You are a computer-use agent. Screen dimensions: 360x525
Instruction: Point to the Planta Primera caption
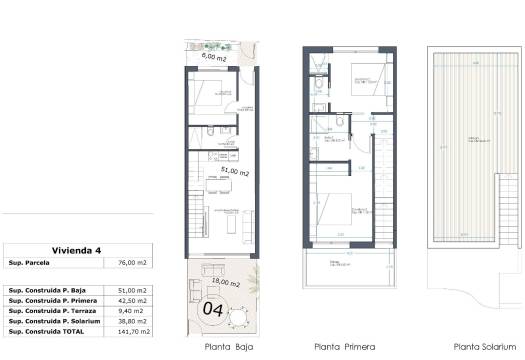pyautogui.click(x=345, y=348)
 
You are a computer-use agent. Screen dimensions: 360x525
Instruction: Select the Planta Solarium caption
pyautogui.click(x=471, y=348)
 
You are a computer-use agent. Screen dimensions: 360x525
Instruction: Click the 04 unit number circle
pyautogui.click(x=212, y=309)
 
